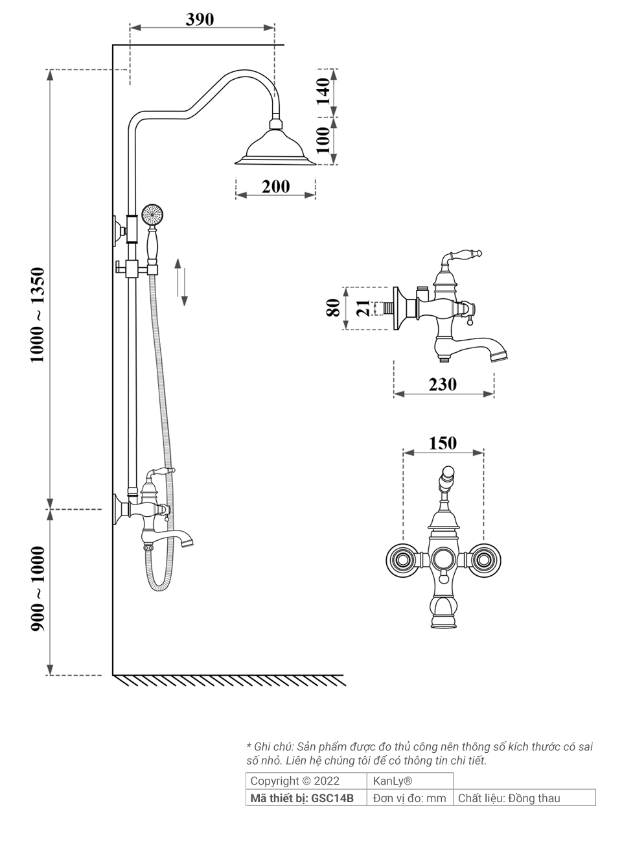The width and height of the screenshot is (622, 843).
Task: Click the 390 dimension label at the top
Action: tap(200, 19)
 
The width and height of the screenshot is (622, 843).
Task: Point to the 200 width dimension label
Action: tap(275, 187)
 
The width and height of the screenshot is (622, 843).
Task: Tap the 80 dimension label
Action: tap(333, 307)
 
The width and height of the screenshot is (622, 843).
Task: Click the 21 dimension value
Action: tap(363, 308)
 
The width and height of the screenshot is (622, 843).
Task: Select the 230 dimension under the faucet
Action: tap(443, 384)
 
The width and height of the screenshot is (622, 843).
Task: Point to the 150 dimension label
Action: tap(443, 443)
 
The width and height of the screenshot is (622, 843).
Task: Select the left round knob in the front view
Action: tap(402, 559)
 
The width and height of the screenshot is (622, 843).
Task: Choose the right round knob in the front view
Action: tap(483, 559)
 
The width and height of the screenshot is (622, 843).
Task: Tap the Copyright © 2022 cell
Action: tap(294, 781)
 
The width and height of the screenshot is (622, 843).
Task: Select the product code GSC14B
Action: tap(332, 798)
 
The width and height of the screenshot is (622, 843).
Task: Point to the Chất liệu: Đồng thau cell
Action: tap(509, 798)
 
